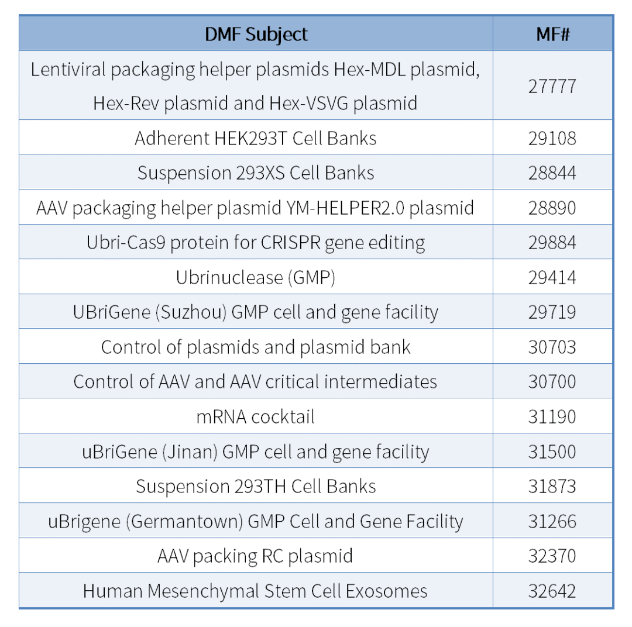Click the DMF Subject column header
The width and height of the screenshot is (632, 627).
[x=256, y=35]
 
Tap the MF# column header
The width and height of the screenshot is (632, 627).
[x=552, y=35]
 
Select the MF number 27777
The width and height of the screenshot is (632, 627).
[x=552, y=86]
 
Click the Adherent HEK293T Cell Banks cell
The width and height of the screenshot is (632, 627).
[x=256, y=138]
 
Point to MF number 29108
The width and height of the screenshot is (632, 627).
[x=552, y=138]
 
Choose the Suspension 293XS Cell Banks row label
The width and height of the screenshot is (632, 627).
[x=256, y=173]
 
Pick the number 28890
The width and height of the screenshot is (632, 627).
[x=552, y=208]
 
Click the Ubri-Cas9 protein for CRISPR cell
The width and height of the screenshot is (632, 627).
[x=256, y=242]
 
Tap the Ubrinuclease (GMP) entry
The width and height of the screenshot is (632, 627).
[x=256, y=277]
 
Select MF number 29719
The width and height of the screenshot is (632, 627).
[x=552, y=312]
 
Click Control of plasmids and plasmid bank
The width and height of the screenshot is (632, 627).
[x=256, y=347]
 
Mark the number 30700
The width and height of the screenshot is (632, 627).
[x=552, y=381]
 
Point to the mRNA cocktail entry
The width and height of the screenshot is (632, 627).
[x=256, y=416]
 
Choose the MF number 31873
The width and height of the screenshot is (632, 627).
[x=552, y=486]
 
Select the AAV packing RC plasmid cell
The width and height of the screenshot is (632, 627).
[x=256, y=556]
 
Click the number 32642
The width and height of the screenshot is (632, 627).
[x=552, y=591]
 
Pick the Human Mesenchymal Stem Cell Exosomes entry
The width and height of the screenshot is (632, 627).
[x=256, y=591]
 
